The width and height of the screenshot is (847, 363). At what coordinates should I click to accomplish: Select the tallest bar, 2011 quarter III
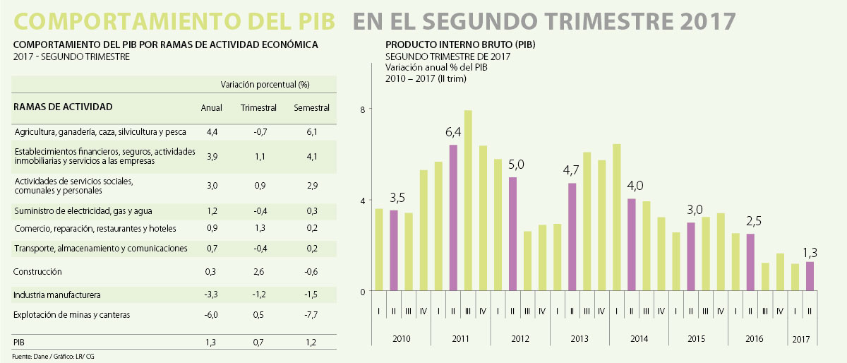[x=468, y=201]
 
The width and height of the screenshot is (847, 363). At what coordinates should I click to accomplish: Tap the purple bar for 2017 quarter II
[x=810, y=276]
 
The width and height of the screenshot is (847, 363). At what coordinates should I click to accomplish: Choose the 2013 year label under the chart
[x=579, y=340]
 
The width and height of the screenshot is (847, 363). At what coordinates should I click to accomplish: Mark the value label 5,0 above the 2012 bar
[x=517, y=165]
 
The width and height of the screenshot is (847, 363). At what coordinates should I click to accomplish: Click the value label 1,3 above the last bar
[x=810, y=251]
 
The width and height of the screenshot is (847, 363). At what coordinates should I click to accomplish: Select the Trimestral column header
[x=258, y=108]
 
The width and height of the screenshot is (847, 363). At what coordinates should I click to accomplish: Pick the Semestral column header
[x=311, y=108]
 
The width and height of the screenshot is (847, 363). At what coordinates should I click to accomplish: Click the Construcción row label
[x=38, y=272]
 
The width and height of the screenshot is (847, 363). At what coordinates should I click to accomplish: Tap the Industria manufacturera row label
[x=57, y=294]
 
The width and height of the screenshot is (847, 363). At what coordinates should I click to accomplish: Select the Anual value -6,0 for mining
[x=211, y=315]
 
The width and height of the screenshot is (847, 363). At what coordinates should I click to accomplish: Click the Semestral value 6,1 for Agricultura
[x=311, y=132]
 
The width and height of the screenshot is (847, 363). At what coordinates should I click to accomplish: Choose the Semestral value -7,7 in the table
[x=311, y=315]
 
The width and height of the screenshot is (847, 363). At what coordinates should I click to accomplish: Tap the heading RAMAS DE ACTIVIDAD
[x=64, y=107]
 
